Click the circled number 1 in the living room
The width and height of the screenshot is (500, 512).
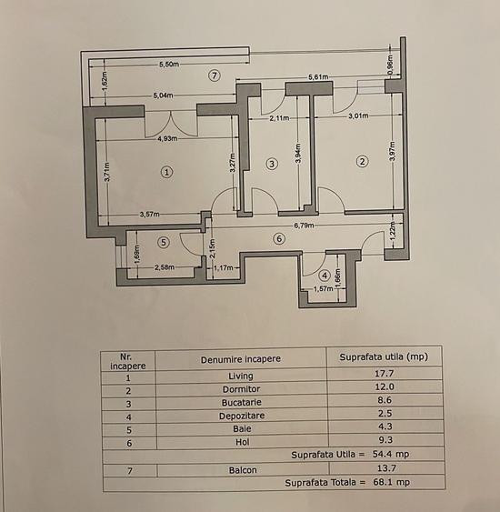coord(165,170)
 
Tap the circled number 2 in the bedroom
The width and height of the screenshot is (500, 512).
coord(362,162)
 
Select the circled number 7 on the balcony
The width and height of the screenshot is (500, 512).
coord(214,75)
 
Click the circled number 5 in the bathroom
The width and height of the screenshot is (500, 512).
coord(164,242)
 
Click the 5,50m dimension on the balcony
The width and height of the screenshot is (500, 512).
coord(168,65)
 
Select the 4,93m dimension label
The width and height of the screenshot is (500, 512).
coord(166,139)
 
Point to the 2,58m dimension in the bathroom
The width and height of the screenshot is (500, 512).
coord(165,267)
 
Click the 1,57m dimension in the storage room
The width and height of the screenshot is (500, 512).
coord(323,289)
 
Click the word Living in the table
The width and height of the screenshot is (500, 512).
coord(240,374)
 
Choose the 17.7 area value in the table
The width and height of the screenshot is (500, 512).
coord(383,374)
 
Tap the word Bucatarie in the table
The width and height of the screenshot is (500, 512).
coord(240,401)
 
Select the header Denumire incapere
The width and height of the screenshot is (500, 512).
coord(241,357)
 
